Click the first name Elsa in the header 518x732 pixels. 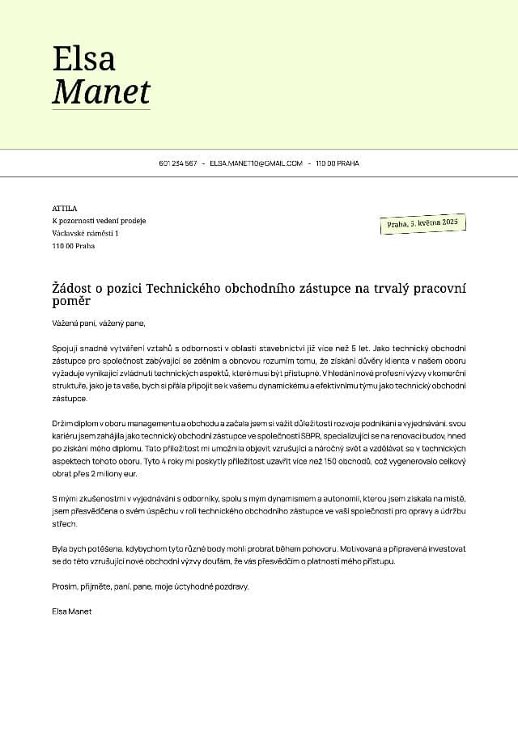click(x=83, y=58)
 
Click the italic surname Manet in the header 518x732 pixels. click(x=101, y=91)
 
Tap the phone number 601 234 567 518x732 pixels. click(x=178, y=163)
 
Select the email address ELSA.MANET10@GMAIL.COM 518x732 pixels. click(x=256, y=163)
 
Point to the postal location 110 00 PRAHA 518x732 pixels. click(x=338, y=163)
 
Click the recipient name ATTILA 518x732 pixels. click(x=64, y=208)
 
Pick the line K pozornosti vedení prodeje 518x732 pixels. click(x=99, y=221)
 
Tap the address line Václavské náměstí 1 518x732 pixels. click(x=85, y=233)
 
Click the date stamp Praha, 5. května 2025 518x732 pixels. click(x=422, y=223)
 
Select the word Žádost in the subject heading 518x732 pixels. click(x=74, y=289)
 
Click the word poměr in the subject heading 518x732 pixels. click(x=71, y=303)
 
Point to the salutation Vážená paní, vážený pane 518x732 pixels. click(x=98, y=324)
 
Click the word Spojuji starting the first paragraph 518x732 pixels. click(x=65, y=346)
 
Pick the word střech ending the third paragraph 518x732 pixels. click(x=63, y=524)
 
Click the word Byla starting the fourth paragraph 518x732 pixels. click(x=60, y=548)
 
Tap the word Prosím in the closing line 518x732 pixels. click(x=64, y=586)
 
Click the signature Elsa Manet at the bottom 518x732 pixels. click(x=71, y=611)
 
